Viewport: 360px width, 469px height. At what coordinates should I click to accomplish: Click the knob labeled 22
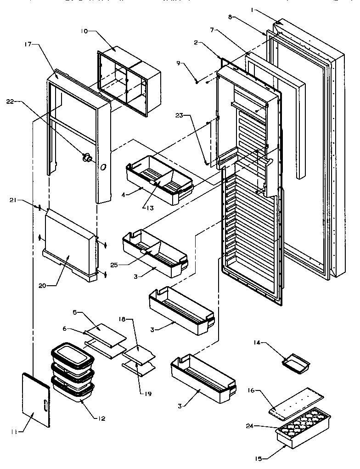click(85, 158)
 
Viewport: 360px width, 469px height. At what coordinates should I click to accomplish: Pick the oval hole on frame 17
click(103, 166)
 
